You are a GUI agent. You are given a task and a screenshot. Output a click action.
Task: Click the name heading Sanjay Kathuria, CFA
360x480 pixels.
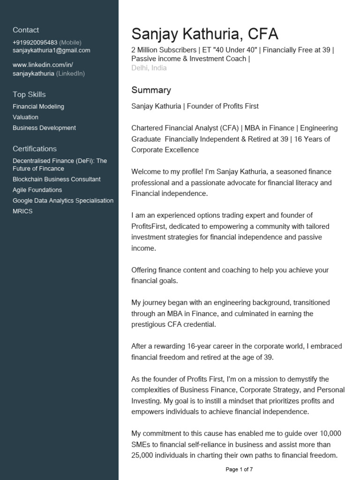[205, 34]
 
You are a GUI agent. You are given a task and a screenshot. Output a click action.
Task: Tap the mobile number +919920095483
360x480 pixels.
[35, 43]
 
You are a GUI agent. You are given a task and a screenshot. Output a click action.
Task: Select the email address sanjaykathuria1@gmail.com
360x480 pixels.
[52, 51]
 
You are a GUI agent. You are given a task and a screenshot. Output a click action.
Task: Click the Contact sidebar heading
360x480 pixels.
[26, 30]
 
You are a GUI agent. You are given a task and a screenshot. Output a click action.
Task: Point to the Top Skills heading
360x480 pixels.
[29, 94]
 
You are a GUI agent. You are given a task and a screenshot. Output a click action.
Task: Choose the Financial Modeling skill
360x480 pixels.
[38, 106]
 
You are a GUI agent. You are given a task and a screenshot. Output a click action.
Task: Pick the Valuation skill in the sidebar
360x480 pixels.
[25, 117]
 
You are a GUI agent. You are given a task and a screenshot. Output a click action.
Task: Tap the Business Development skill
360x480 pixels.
[44, 128]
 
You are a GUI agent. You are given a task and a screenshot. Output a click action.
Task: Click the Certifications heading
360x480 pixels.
[35, 149]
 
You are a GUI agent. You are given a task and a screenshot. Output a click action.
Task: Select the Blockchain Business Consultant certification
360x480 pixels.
[56, 179]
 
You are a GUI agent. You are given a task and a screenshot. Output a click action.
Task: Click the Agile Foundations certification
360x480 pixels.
[37, 190]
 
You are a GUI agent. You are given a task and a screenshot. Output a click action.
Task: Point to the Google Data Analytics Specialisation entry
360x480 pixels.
[63, 201]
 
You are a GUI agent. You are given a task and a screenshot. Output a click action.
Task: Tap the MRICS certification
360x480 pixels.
[22, 211]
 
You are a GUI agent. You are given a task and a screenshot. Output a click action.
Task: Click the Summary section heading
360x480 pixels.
[151, 90]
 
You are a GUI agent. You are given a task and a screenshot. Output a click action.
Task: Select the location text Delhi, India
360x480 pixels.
[149, 68]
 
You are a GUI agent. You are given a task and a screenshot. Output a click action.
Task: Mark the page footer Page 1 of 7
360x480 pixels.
[239, 469]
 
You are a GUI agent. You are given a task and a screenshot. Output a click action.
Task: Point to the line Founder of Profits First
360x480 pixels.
[223, 106]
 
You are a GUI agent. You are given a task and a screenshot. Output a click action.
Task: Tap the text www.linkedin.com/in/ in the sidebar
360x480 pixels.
[43, 65]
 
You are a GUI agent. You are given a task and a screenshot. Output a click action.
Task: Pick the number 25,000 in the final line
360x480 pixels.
[144, 455]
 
